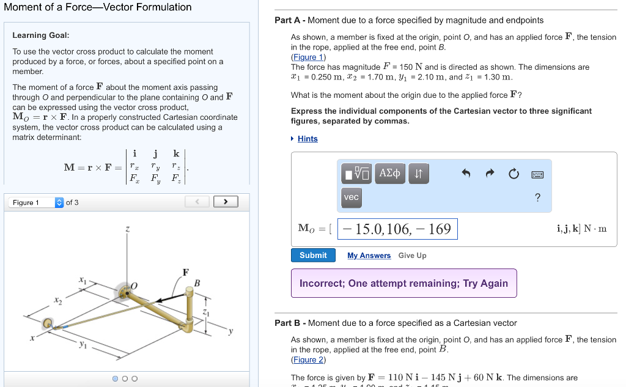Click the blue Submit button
click(x=313, y=255)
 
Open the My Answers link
click(x=369, y=256)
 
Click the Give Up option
click(x=412, y=256)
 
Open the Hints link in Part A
click(x=307, y=139)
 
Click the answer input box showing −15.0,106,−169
click(x=397, y=229)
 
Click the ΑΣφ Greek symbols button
click(x=389, y=174)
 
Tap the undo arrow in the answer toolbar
click(x=466, y=174)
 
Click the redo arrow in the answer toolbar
click(x=490, y=174)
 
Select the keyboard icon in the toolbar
click(x=537, y=174)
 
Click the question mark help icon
click(x=537, y=197)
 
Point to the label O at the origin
click(x=134, y=285)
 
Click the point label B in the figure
click(x=197, y=282)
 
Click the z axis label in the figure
click(x=127, y=229)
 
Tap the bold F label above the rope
click(x=185, y=272)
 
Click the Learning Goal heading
click(x=41, y=35)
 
